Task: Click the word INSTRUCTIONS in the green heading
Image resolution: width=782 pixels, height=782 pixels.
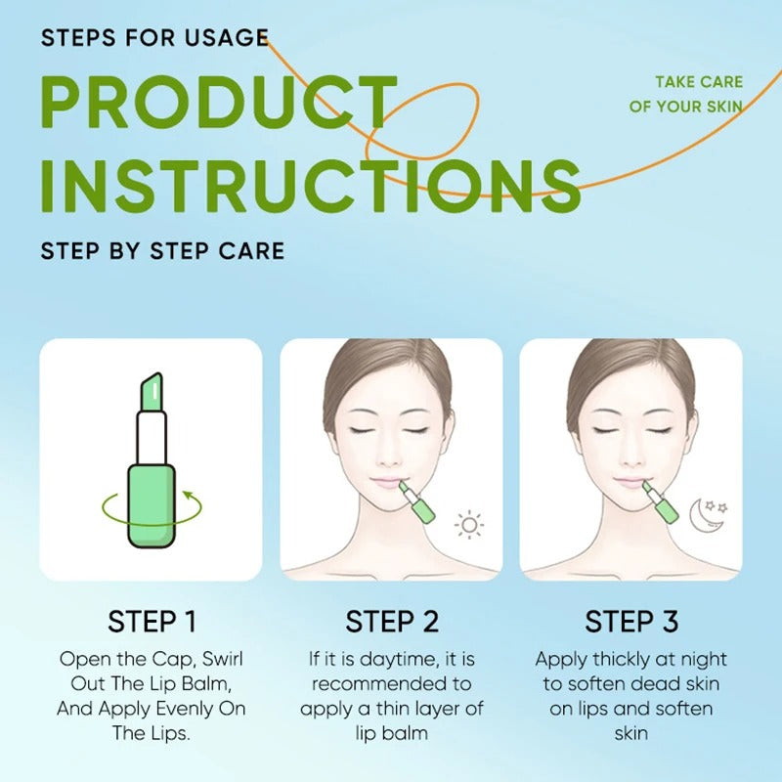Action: click(311, 185)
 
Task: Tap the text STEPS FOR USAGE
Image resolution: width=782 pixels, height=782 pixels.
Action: click(154, 38)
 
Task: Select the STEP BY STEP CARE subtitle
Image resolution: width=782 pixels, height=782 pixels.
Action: click(162, 250)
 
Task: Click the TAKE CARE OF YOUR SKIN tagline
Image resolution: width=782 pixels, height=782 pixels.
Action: click(685, 95)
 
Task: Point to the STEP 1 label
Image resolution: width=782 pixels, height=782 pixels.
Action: click(152, 622)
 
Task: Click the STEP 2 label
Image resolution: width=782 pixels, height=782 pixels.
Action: click(391, 622)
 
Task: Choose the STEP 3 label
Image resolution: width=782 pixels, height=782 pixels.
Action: click(630, 622)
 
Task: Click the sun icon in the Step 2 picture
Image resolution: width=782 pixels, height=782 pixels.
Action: click(470, 526)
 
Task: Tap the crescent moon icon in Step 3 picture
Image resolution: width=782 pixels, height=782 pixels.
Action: click(703, 515)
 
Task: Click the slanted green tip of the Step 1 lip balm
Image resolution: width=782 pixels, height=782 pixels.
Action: click(152, 390)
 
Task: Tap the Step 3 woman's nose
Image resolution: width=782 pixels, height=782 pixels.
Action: click(629, 450)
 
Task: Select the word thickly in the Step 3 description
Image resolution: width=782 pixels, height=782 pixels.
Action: click(628, 660)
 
